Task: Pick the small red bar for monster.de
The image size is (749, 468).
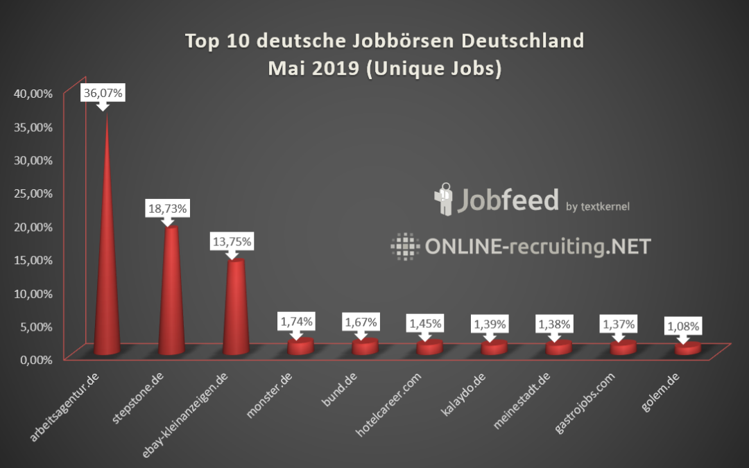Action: tap(300, 346)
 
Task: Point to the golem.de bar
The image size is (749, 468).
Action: tap(688, 349)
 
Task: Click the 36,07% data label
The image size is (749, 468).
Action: tap(103, 93)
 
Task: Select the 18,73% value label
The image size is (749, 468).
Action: tap(166, 208)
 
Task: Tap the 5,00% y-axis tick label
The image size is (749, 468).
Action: tap(35, 326)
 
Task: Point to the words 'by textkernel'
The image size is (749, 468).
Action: tap(598, 206)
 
